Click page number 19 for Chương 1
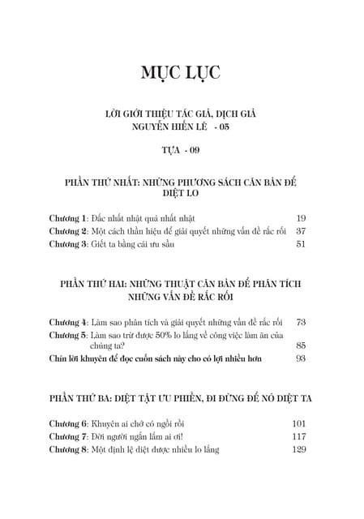click(301, 218)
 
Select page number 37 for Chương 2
click(301, 230)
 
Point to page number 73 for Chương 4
click(301, 322)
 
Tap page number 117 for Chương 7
click(298, 436)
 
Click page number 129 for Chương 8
click(298, 448)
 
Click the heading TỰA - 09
click(182, 150)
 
